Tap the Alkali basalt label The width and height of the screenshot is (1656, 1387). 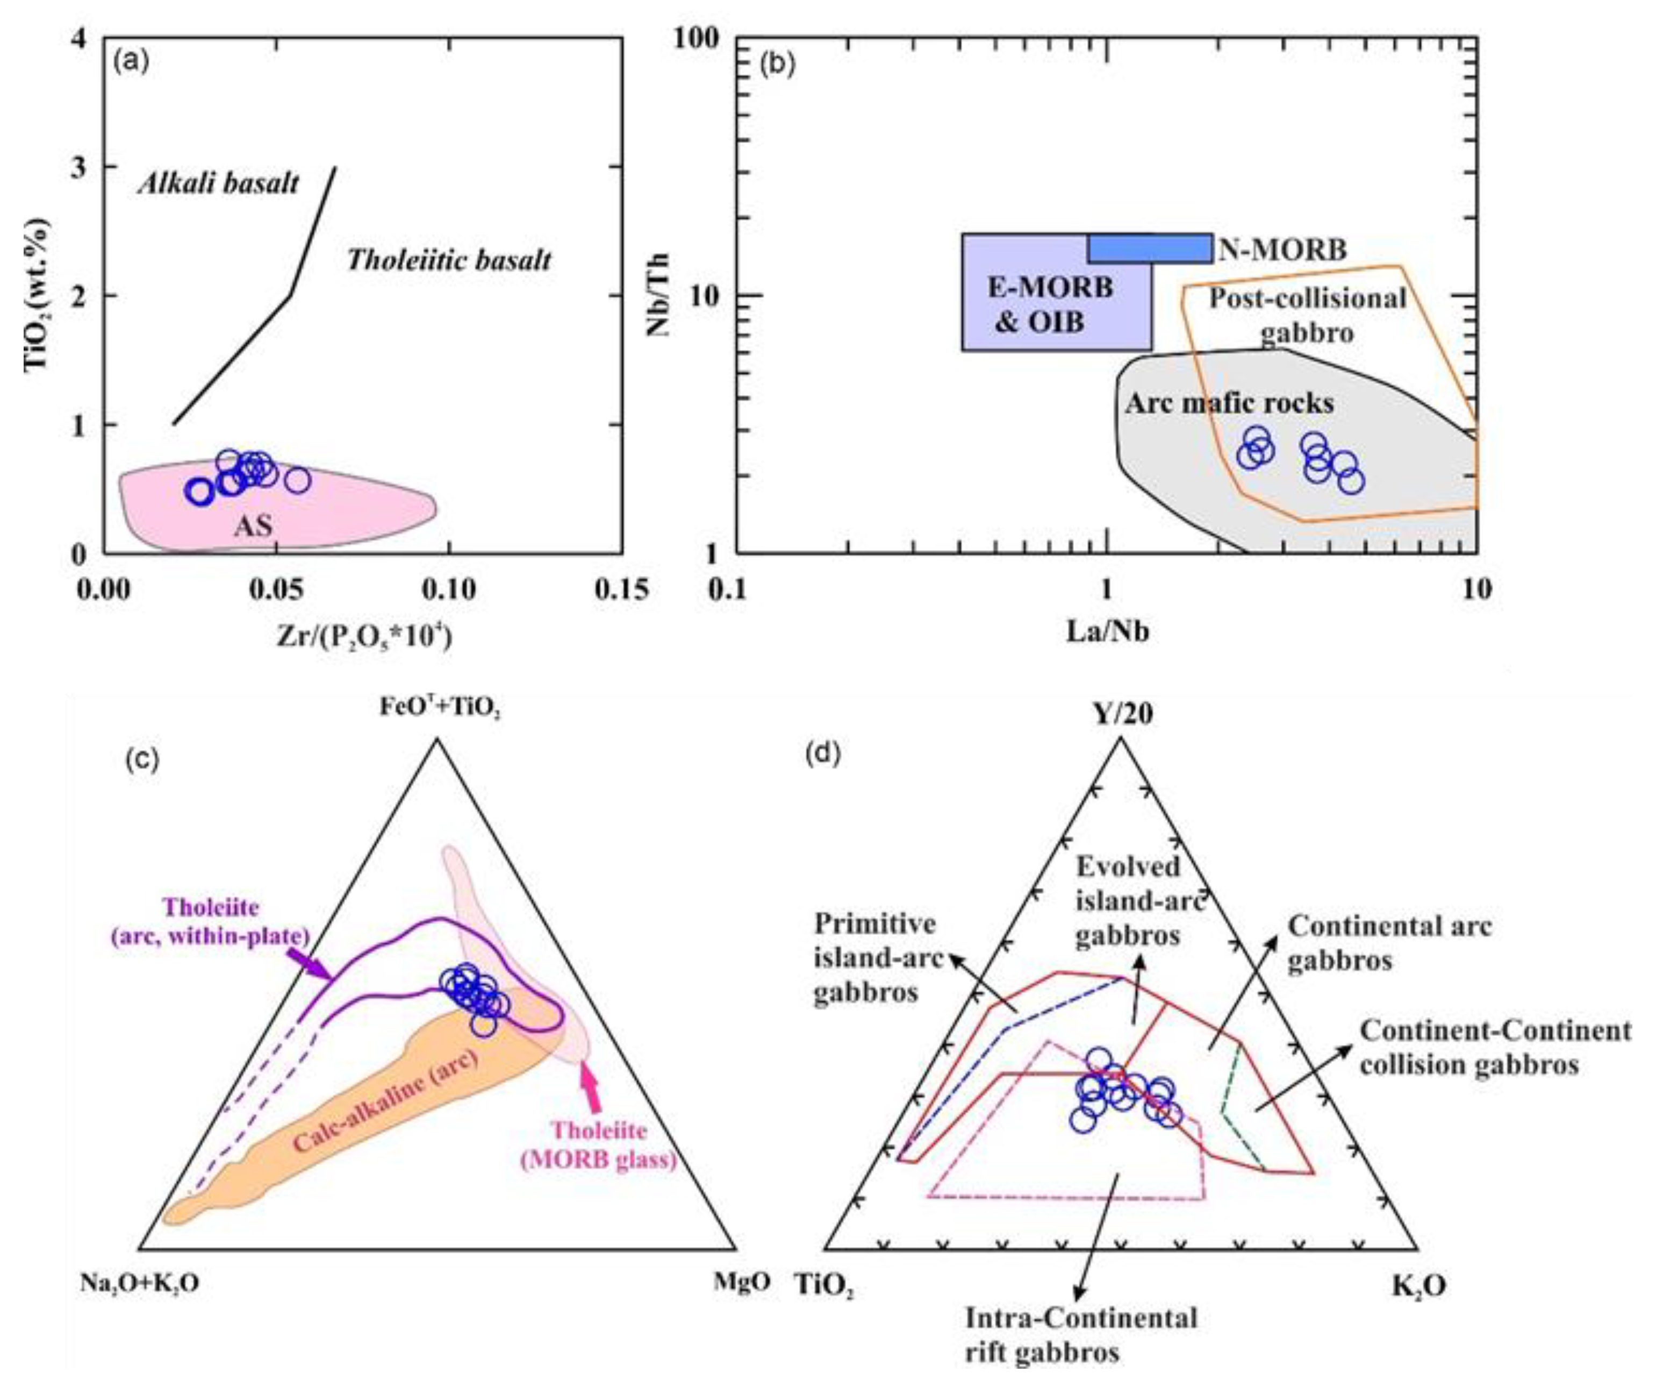coord(218,183)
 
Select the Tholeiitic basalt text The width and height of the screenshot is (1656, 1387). coord(449,260)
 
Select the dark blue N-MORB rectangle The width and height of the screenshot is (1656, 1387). coord(1150,248)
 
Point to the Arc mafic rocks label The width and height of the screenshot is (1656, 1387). coord(1229,403)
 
